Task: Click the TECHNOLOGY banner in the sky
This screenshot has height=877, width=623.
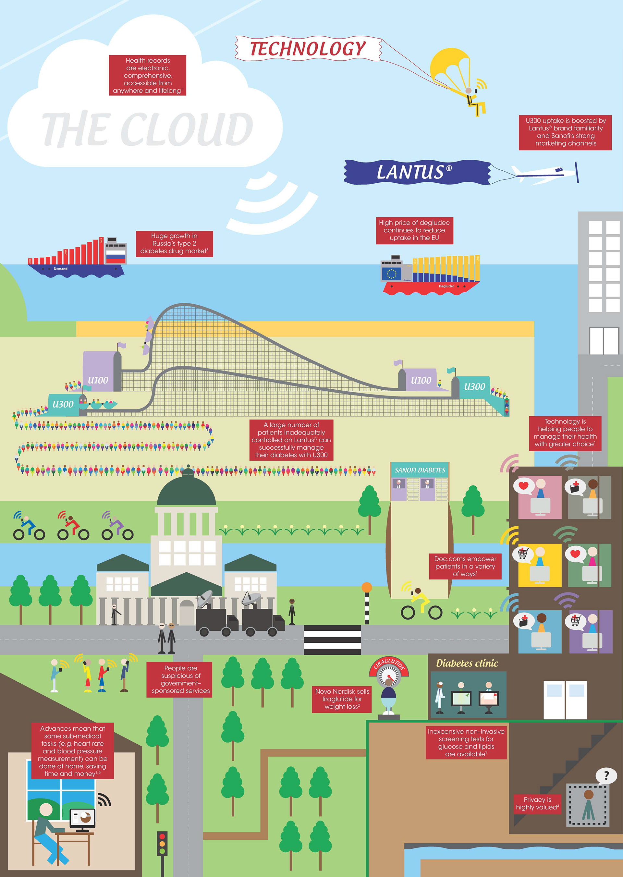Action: coord(308,48)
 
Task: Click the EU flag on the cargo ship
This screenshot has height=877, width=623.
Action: coord(391,274)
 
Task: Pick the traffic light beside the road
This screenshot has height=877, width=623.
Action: coord(162,843)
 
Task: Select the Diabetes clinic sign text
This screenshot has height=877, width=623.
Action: coord(467,663)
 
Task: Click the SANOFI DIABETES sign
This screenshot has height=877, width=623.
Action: coord(420,470)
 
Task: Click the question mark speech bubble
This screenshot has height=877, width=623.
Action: coord(606,776)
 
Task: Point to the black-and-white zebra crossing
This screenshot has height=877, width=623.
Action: coord(332,639)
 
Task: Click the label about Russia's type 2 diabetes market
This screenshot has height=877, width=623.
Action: coord(174,244)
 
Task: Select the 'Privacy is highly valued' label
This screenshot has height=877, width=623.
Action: coord(537,803)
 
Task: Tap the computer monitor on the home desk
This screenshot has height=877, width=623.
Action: coord(82,818)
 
